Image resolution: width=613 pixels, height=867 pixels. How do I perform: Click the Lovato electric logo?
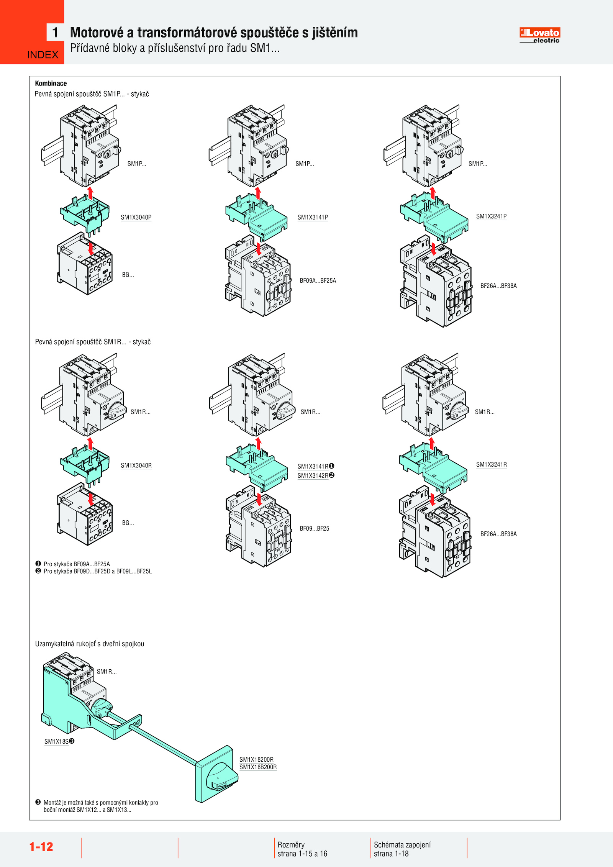pos(539,35)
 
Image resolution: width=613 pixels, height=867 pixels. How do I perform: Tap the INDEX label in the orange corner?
pos(43,55)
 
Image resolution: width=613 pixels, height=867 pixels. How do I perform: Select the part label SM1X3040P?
pos(136,217)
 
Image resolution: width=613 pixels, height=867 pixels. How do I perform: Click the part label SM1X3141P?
pos(313,217)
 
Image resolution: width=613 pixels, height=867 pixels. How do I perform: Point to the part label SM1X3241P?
pos(491,216)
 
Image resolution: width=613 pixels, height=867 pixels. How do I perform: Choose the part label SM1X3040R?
pos(136,465)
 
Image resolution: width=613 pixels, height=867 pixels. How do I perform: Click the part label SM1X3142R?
pos(313,475)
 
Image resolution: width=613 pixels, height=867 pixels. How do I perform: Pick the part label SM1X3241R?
pos(491,464)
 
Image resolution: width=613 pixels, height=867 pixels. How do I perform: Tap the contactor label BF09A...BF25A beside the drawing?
pos(318,280)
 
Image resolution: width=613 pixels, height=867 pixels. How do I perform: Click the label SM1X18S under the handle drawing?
pos(57,741)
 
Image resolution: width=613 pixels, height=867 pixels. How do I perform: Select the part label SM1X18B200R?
pos(258,767)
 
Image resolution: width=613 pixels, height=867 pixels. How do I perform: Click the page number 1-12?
pos(41,846)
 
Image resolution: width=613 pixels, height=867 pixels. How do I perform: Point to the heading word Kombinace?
pos(51,83)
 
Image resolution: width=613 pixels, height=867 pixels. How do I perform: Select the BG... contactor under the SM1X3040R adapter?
pos(85,515)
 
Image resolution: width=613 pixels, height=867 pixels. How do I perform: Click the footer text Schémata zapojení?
pos(402,844)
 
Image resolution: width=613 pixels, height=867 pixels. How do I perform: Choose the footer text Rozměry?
pos(291,844)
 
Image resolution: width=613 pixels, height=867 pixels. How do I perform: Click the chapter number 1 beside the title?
pos(56,33)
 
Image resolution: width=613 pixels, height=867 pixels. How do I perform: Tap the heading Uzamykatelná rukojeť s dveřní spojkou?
pos(90,644)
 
